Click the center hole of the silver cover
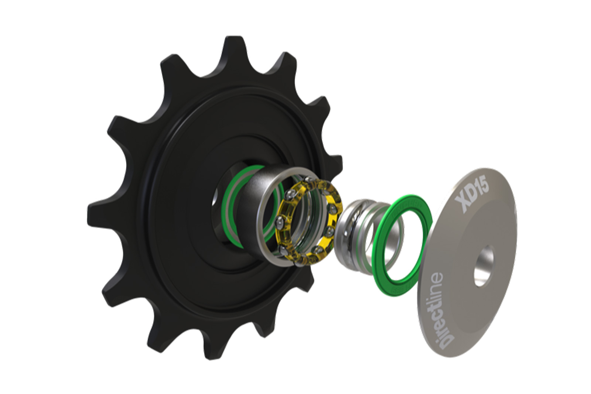484,261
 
